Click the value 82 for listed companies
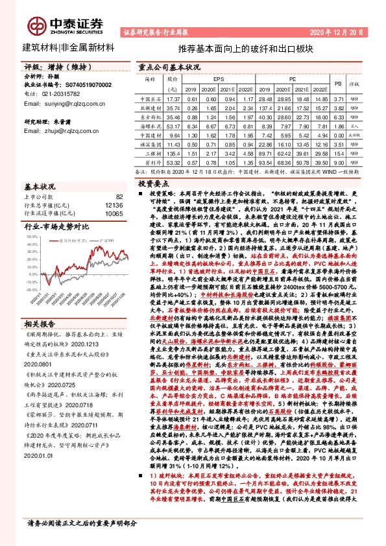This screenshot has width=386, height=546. pos(118,196)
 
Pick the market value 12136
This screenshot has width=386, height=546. pos(113,204)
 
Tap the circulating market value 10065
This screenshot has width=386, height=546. pos(113,213)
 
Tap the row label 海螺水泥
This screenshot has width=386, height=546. pos(149,126)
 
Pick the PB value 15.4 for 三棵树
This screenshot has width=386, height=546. pos(337,154)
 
